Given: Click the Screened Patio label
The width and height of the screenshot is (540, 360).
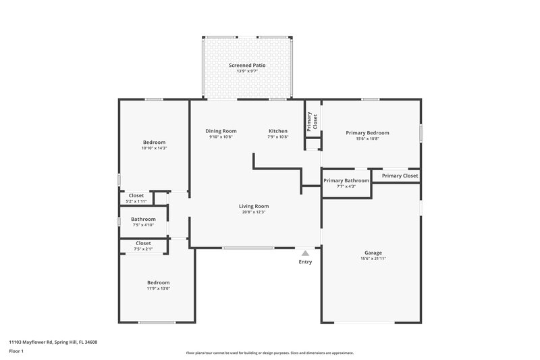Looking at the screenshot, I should pos(246,65).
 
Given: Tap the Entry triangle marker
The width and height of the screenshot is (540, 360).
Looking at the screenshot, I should pos(305,253).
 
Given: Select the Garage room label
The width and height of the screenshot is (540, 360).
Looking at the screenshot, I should pos(373,252).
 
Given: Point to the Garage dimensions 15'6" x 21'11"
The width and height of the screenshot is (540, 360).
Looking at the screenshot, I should pos(373,259).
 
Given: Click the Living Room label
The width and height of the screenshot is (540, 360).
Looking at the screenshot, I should pos(254,206).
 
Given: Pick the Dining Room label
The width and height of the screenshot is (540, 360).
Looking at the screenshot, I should pos(221,130).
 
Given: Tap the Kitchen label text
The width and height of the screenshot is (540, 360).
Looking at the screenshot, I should pos(278,130).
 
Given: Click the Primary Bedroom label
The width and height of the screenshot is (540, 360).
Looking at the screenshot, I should pos(367,132).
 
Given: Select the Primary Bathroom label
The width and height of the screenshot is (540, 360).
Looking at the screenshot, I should pos(346,180).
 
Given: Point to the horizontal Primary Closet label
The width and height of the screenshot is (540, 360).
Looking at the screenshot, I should pos(400,176).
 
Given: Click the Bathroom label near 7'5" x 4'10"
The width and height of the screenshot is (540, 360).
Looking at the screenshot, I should pos(143,219).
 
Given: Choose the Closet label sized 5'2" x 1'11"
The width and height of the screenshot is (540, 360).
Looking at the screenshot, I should pos(136,195).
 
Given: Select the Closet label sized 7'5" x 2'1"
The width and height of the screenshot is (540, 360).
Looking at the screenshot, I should pos(143,243).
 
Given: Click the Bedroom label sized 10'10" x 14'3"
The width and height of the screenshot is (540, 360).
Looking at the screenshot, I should pos(154,142).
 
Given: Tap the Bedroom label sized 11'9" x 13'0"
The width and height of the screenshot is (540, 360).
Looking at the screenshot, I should pos(159,282).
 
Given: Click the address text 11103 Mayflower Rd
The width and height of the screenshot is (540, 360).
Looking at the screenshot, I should pos(53,342).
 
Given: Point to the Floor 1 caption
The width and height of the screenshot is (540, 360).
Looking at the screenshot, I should pos(16,351).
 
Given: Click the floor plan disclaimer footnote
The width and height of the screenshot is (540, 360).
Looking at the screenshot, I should pos(269,353).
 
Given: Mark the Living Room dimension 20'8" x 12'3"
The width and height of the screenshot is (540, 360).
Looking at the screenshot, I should pos(254,212).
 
